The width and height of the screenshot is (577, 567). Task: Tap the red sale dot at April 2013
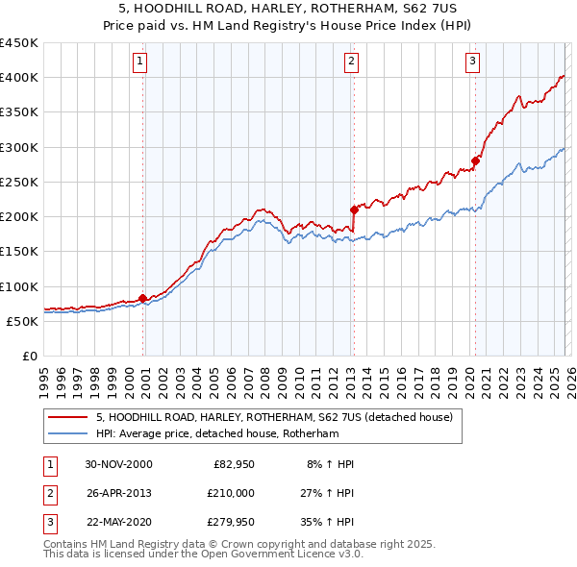tap(354, 209)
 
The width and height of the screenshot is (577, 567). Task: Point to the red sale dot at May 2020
tap(474, 160)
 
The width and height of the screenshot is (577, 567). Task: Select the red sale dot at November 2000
tap(143, 298)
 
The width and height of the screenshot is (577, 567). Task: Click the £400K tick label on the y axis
tap(19, 78)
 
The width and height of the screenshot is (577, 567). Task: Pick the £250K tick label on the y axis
tap(19, 182)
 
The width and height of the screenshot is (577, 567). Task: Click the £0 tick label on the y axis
tap(30, 356)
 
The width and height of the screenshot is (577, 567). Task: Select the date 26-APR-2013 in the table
tap(118, 492)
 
